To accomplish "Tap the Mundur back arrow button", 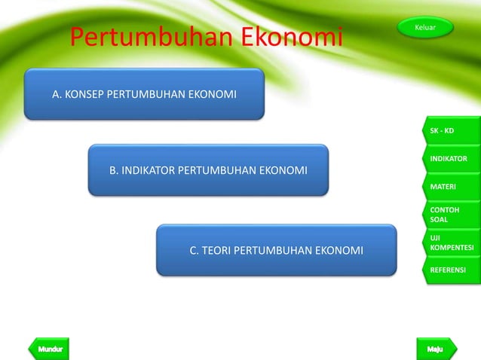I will (49, 349).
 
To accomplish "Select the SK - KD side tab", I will (450, 131).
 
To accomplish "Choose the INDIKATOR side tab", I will (450, 159).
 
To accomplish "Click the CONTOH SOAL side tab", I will (450, 215).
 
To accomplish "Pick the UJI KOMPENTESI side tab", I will (451, 243).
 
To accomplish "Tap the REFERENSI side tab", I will (450, 270).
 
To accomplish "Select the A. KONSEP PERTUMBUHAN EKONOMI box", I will (144, 95).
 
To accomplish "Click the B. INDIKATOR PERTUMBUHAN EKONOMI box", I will (208, 170).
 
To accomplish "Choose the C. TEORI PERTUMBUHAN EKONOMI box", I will (276, 250).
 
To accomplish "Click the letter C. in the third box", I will (194, 250).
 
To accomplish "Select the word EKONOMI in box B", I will (283, 170).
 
